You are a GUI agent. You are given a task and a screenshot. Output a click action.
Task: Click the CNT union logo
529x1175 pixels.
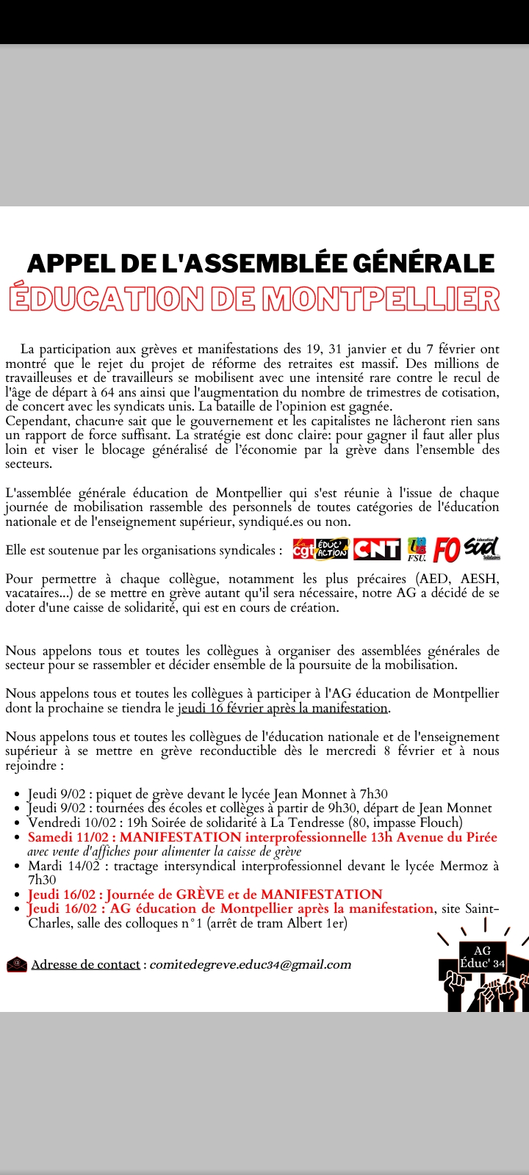[x=377, y=549]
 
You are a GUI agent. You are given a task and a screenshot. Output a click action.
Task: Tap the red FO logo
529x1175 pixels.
[x=447, y=549]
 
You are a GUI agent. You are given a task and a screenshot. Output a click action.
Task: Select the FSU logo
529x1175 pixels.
[x=417, y=549]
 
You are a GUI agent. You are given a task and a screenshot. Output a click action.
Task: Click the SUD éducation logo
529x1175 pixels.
[x=482, y=548]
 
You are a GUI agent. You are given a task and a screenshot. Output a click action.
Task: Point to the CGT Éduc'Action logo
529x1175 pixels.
[x=320, y=549]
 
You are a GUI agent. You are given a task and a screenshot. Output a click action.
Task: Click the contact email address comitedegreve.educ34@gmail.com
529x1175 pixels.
[x=250, y=964]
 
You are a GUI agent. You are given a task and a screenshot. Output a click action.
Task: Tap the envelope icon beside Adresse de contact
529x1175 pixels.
[x=16, y=964]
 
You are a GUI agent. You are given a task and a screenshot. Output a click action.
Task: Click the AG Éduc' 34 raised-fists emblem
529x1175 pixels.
[x=482, y=973]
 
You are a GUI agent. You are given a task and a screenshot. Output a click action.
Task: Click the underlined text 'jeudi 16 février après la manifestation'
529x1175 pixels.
[x=283, y=708]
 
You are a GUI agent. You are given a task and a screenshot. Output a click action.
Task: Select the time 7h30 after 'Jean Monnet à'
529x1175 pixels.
[x=374, y=793]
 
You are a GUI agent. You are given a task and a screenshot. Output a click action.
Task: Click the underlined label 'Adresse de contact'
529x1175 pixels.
[x=85, y=964]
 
